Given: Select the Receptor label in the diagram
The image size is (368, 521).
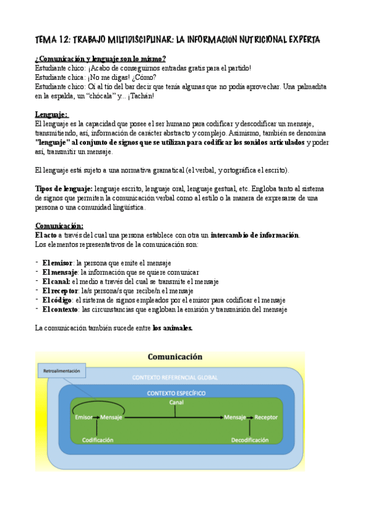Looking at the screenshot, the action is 266,418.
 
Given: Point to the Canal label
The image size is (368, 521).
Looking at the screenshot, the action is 176,402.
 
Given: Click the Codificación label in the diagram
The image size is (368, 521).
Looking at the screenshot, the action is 98,440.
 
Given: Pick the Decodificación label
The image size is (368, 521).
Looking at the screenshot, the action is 249,440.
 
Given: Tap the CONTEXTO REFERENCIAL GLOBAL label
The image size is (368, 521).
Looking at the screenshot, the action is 175,377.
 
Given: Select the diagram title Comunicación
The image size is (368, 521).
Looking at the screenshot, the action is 175,357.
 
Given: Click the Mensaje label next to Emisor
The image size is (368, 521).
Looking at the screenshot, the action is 111,418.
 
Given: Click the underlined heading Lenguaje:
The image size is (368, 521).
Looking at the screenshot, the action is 52,115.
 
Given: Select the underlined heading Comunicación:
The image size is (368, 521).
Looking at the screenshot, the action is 59,226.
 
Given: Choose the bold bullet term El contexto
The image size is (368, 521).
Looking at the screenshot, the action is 60,309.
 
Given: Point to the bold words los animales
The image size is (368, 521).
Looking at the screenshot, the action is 173,328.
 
